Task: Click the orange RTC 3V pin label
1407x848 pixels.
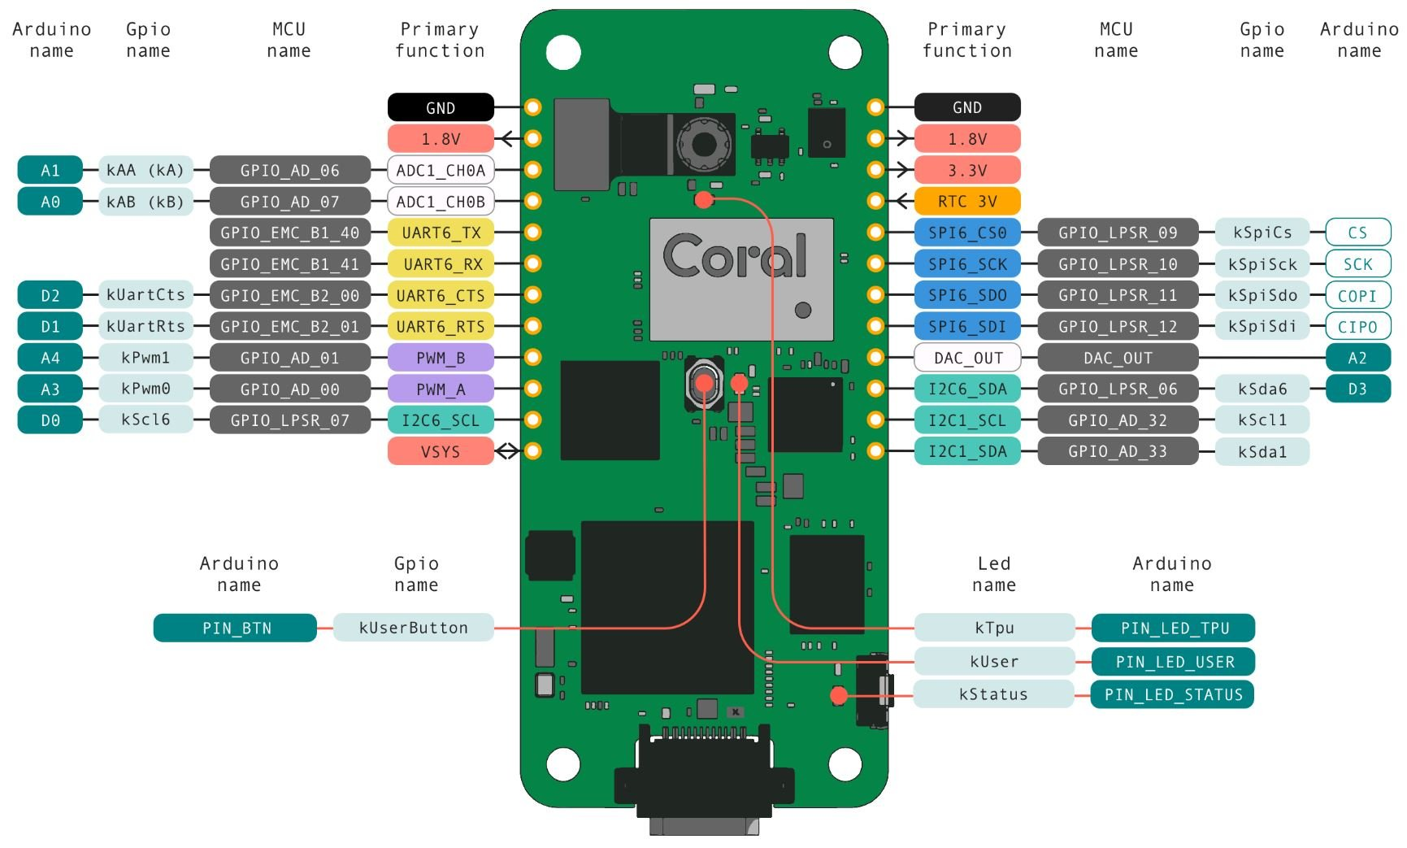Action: [x=966, y=201]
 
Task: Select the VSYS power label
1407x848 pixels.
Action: [x=441, y=451]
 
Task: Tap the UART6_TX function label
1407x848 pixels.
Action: [x=441, y=233]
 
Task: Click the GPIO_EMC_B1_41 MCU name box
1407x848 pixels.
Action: [x=289, y=264]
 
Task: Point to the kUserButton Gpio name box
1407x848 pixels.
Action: [x=413, y=628]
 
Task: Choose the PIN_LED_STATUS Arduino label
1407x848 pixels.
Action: [x=1172, y=694]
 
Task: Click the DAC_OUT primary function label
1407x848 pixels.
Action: [x=966, y=358]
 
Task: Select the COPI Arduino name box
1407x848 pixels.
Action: [x=1357, y=295]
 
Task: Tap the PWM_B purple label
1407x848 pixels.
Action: [x=441, y=358]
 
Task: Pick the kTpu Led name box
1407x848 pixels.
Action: [x=994, y=628]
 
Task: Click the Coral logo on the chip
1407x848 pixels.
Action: [x=736, y=256]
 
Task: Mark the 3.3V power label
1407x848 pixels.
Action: [x=966, y=170]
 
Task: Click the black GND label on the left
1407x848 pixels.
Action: [x=441, y=107]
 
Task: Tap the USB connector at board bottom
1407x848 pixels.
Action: [x=704, y=781]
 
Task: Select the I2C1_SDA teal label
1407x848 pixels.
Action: [x=966, y=451]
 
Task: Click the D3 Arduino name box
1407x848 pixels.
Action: [x=1357, y=389]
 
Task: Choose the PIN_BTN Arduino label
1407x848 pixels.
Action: [x=235, y=628]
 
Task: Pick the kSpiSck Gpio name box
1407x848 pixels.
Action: [x=1262, y=264]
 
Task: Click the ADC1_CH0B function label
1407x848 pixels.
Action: [x=441, y=202]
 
